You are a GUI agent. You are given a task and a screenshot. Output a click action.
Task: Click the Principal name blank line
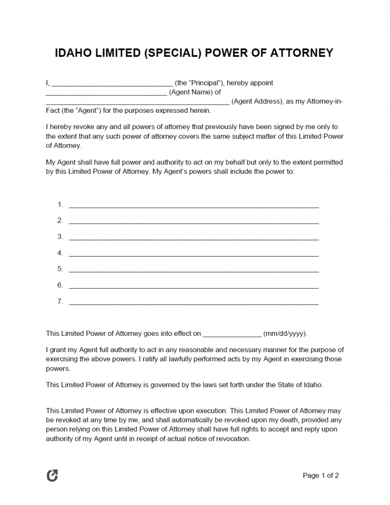click(x=112, y=85)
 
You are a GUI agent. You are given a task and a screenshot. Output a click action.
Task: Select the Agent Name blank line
click(x=106, y=94)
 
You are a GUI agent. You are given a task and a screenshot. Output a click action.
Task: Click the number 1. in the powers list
click(x=60, y=205)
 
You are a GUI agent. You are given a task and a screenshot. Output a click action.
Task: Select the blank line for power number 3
click(x=193, y=239)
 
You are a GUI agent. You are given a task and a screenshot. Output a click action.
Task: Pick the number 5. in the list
click(x=60, y=269)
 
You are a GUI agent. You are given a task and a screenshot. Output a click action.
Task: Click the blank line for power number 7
click(x=193, y=304)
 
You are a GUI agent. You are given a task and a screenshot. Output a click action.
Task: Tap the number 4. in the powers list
click(x=60, y=253)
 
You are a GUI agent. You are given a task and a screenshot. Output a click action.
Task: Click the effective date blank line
click(x=232, y=336)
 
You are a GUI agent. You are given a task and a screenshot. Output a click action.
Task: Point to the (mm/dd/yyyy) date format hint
click(x=285, y=334)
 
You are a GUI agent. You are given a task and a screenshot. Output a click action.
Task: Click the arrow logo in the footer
click(x=52, y=476)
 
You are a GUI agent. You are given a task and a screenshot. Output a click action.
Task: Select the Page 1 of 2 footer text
click(x=320, y=476)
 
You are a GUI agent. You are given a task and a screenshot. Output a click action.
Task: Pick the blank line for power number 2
click(x=193, y=223)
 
